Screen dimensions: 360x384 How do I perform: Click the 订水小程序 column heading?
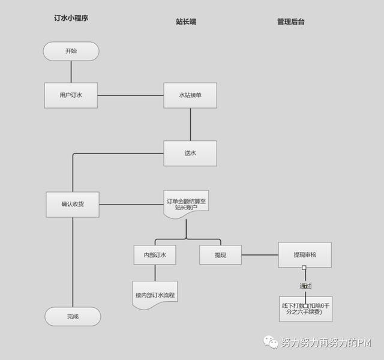pos(71,19)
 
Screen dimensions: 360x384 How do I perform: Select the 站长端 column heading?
pos(186,22)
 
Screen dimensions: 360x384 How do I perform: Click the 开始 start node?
pos(71,51)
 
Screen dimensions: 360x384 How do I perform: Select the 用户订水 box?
pos(71,95)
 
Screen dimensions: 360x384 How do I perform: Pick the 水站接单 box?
pos(190,95)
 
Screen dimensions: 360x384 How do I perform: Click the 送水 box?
pos(190,153)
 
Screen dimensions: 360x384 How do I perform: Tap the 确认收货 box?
pos(73,205)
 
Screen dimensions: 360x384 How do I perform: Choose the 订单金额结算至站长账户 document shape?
pos(186,204)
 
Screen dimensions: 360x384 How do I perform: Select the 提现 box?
pos(220,255)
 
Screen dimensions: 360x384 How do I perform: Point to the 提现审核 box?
pos(305,255)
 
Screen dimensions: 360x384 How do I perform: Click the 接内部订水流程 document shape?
pos(155,295)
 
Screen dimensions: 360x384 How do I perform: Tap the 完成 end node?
pos(73,316)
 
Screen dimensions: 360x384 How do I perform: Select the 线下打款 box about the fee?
pos(305,308)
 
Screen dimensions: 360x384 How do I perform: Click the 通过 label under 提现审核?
pos(305,286)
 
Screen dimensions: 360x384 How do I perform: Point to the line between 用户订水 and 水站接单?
pos(130,95)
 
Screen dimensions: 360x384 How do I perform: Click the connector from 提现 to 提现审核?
pos(260,255)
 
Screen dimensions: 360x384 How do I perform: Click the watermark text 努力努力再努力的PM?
pos(326,343)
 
